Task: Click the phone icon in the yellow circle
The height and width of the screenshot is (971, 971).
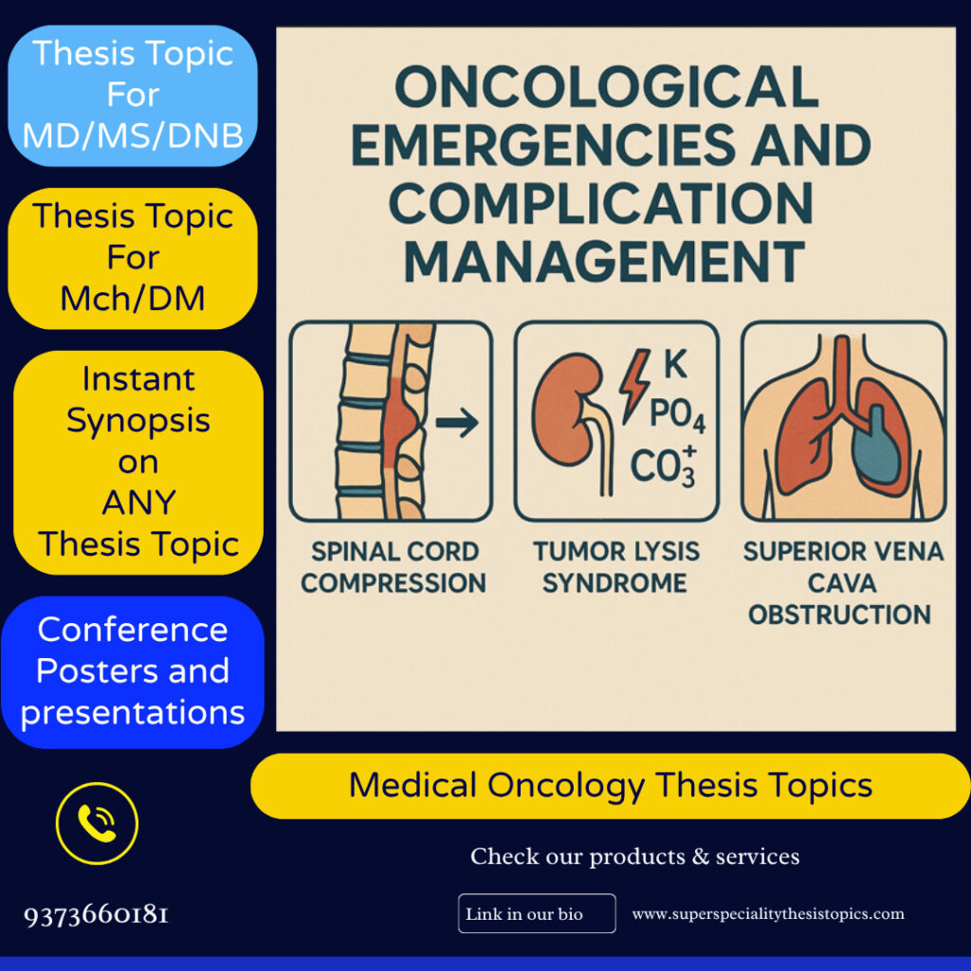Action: (97, 823)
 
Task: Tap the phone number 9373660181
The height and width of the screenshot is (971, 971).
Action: (97, 915)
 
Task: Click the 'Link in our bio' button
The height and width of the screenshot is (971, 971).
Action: (536, 914)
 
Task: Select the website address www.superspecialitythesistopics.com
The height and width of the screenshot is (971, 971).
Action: (768, 914)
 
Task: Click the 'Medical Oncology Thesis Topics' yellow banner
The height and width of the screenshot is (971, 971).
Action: (610, 785)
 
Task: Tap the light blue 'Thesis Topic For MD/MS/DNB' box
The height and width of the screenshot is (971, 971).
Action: (133, 95)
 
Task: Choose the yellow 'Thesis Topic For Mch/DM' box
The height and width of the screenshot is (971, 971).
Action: (133, 258)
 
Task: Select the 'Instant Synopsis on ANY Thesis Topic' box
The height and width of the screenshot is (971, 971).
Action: (138, 462)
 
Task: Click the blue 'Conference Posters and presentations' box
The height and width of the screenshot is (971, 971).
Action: (133, 671)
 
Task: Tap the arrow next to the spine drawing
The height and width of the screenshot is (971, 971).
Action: (456, 423)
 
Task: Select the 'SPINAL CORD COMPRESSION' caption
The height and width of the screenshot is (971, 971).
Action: (393, 567)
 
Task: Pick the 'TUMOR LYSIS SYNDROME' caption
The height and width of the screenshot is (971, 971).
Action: (616, 567)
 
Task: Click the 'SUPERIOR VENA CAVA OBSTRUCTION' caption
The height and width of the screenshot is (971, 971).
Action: (843, 582)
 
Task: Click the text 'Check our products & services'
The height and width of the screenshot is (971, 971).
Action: (634, 857)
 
